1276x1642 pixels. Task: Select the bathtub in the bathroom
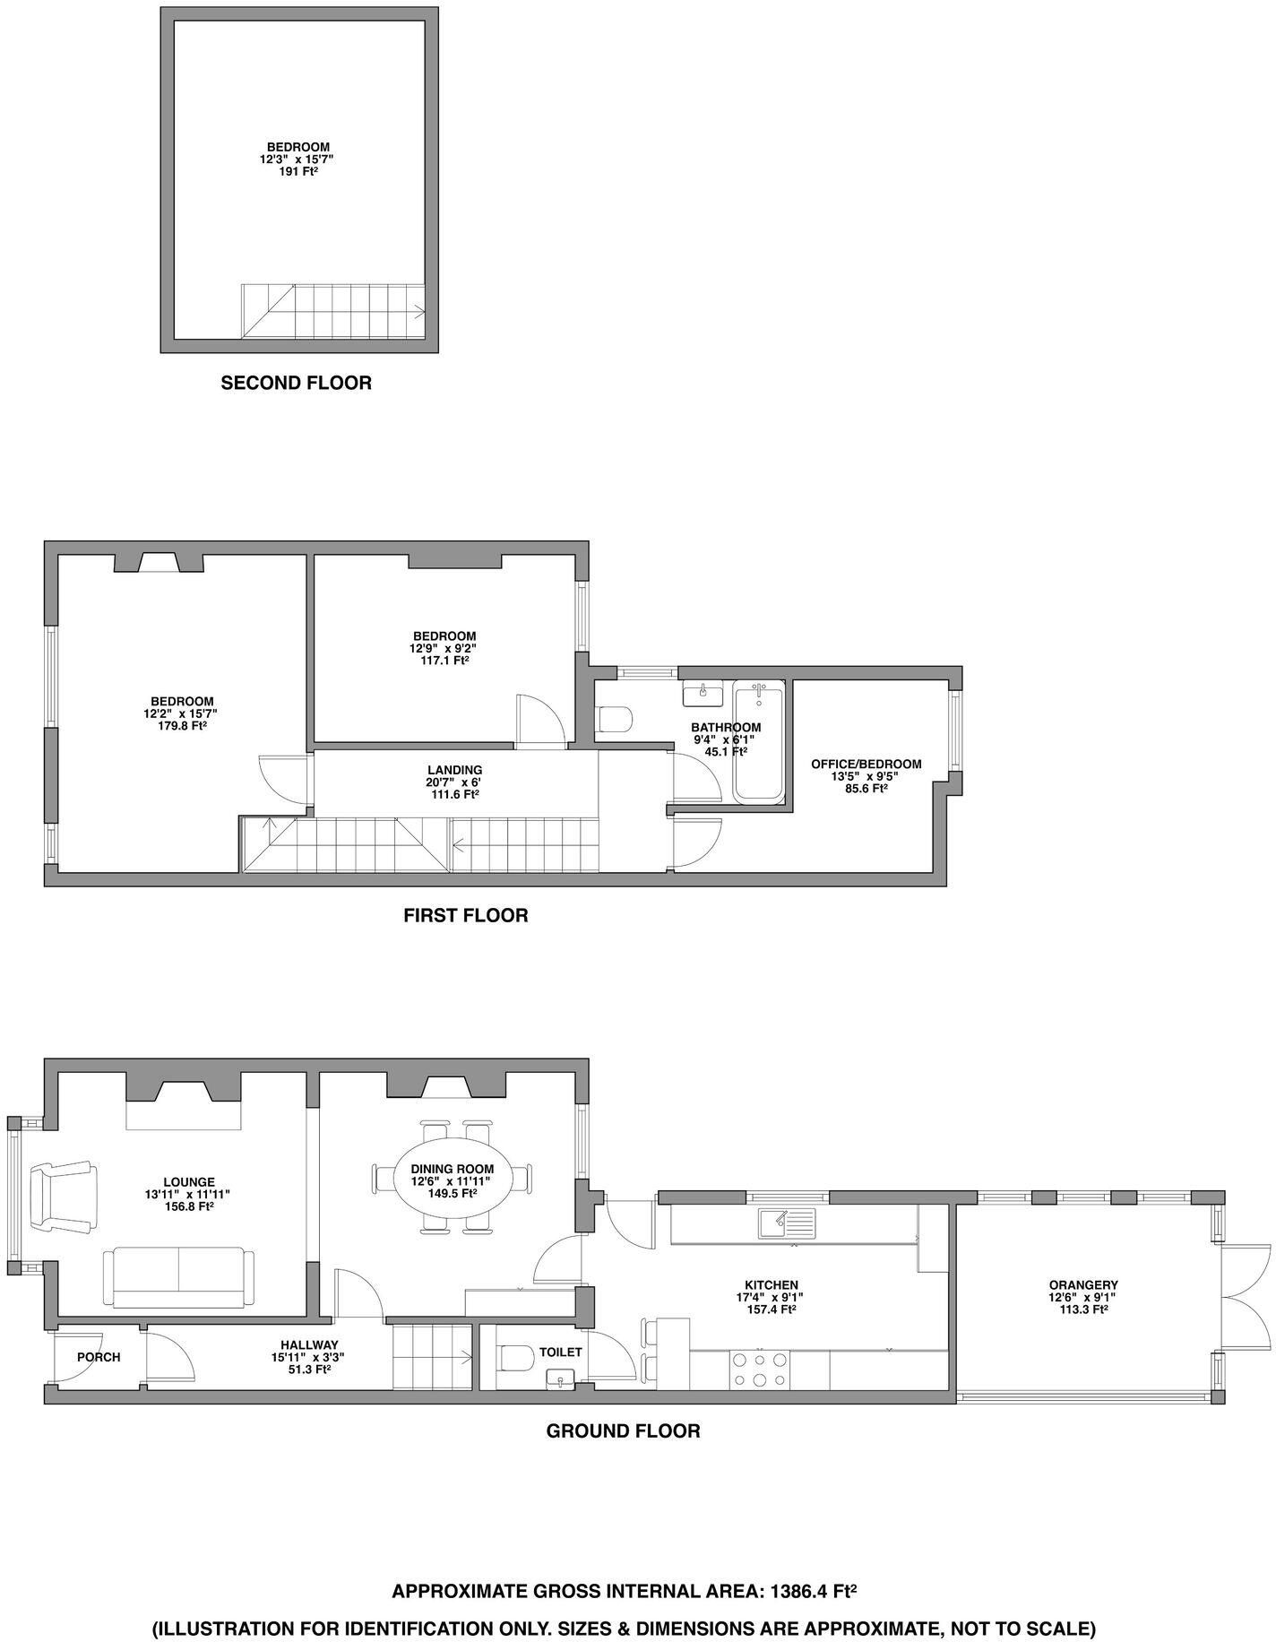click(x=758, y=742)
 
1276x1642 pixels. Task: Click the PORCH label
click(x=99, y=1357)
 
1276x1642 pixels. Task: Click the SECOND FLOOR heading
click(x=296, y=384)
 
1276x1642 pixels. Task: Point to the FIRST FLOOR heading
click(x=465, y=915)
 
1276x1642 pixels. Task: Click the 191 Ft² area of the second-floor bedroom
click(x=298, y=169)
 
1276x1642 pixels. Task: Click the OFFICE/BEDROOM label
click(x=866, y=764)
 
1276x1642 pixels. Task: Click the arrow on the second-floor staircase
click(x=418, y=312)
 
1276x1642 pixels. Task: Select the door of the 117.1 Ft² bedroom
click(x=540, y=720)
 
